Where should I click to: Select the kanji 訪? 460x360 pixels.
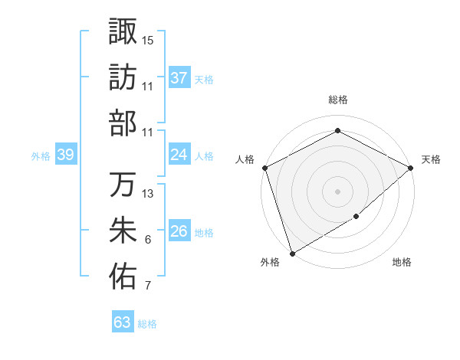pos(123,77)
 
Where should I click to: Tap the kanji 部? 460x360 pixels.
pos(123,123)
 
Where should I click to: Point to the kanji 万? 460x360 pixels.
pos(123,185)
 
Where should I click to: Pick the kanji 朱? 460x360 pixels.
pos(123,231)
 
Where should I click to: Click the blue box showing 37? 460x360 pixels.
pos(179,78)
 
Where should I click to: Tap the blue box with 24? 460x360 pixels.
pos(179,155)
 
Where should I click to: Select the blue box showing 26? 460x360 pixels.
pos(179,231)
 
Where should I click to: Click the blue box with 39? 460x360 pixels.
pos(65,155)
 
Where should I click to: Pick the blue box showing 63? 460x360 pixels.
pos(123,322)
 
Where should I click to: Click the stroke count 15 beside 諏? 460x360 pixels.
pos(148,39)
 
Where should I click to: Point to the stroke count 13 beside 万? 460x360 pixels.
pos(148,194)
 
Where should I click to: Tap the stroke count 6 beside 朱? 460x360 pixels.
pos(147,240)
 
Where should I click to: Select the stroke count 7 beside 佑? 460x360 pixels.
pos(147,286)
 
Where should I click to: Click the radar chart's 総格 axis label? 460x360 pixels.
pos(337,100)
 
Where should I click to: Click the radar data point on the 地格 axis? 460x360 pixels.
pos(357,218)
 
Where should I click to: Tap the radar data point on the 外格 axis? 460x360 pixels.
pos(292,253)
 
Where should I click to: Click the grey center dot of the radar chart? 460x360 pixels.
pos(337,191)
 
